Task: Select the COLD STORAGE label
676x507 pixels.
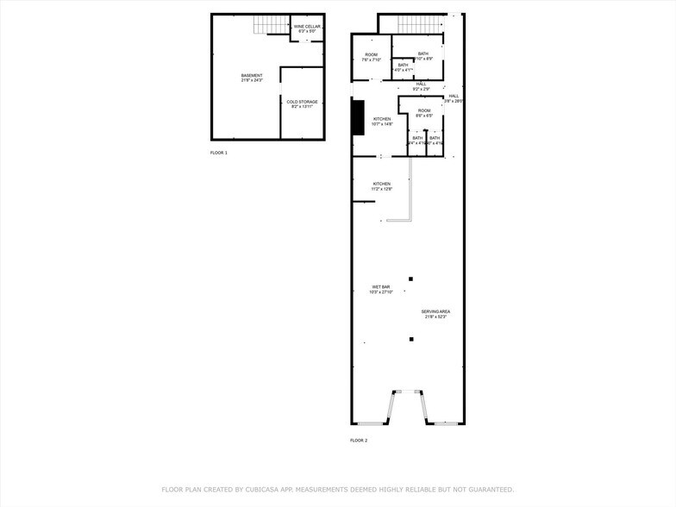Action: (302, 104)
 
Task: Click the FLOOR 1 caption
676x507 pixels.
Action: (219, 153)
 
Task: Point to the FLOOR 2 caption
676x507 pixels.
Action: (359, 441)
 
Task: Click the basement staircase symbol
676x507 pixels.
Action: (271, 26)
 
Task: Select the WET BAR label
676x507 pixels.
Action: (381, 290)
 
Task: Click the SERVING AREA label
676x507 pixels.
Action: (435, 314)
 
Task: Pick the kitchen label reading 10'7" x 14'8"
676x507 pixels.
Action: (381, 122)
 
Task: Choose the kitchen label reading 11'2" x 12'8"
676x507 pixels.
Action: (381, 186)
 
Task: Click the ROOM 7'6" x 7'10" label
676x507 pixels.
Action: (371, 57)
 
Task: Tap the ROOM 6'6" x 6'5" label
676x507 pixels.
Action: (424, 113)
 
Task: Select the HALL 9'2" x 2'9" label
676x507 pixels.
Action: (421, 86)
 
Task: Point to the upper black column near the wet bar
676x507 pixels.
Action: (411, 279)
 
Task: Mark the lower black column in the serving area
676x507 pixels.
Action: (411, 339)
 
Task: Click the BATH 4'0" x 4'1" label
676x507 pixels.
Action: (403, 67)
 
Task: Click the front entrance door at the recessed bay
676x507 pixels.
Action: (410, 392)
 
